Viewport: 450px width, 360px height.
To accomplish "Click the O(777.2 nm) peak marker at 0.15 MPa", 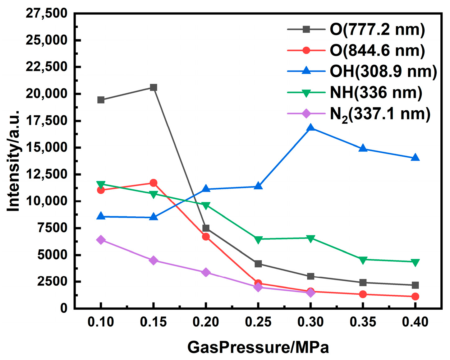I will (153, 87).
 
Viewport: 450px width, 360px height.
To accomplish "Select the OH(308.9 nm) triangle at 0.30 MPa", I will (310, 128).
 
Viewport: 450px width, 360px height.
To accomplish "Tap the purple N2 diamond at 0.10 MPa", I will (101, 240).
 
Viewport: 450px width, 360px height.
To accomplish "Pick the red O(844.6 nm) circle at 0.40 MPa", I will (415, 297).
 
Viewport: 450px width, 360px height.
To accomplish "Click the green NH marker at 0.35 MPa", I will (363, 260).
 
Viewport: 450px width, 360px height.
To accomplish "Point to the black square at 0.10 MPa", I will (101, 100).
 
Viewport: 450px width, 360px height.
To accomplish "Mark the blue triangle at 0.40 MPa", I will (415, 158).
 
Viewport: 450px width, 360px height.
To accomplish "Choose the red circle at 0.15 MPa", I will (153, 183).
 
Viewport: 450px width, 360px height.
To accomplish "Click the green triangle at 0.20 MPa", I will (206, 205).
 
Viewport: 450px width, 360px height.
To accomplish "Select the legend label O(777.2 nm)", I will (377, 30).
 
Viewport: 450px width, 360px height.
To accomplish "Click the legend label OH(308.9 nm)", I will (383, 72).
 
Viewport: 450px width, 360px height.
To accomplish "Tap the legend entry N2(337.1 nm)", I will (380, 114).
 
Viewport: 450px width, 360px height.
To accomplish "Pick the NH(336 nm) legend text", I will (376, 93).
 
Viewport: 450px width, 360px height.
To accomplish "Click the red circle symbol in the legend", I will (306, 50).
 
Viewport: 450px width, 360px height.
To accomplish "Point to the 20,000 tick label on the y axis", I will (47, 94).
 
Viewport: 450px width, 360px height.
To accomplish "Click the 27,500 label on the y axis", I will (47, 13).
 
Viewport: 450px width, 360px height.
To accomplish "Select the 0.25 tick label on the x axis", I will (258, 322).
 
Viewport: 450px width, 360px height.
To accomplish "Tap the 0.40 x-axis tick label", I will (415, 322).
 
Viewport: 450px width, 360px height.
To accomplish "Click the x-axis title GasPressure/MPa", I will (258, 347).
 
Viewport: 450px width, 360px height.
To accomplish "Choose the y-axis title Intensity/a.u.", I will (14, 161).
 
